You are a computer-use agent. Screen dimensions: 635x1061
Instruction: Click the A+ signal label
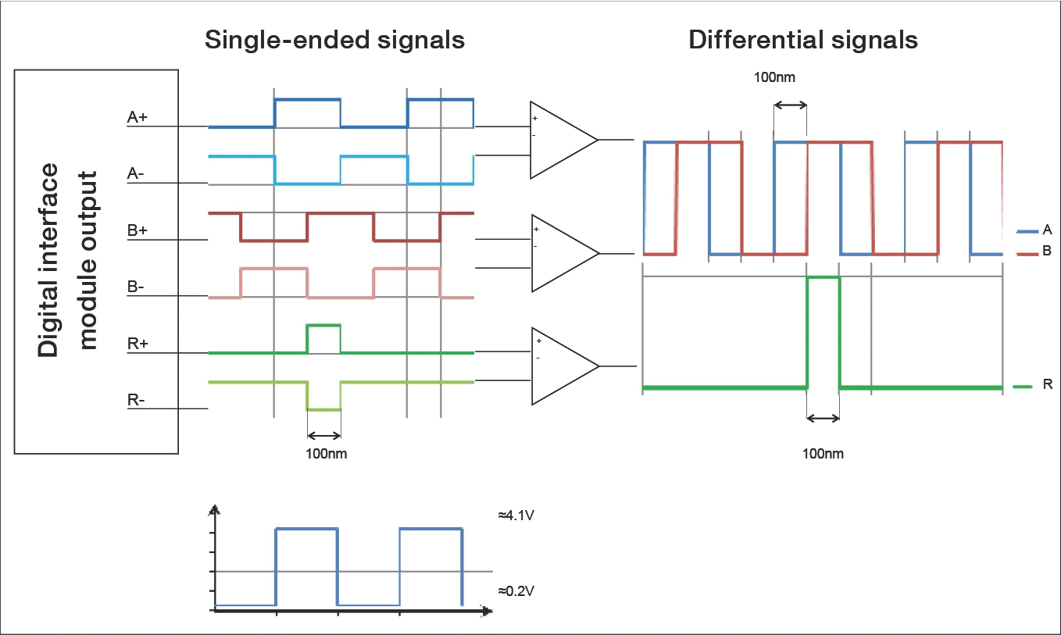pos(138,118)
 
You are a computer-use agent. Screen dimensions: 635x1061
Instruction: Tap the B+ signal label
pos(138,231)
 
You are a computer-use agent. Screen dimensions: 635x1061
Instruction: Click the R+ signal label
pos(138,344)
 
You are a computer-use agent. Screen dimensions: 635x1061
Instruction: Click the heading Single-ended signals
pos(334,41)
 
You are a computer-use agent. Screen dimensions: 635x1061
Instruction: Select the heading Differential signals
pos(802,41)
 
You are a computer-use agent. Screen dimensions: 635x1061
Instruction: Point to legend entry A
pos(1046,230)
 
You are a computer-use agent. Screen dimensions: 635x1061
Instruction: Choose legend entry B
pos(1046,252)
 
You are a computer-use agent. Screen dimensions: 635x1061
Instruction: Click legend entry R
pos(1047,386)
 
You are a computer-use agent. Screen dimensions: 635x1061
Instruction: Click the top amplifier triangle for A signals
pos(559,140)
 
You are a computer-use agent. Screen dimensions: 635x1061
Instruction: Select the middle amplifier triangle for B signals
pos(559,253)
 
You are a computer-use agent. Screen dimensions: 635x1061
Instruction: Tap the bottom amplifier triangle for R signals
pos(559,366)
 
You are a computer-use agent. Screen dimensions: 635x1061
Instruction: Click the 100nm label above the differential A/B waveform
pos(774,77)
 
